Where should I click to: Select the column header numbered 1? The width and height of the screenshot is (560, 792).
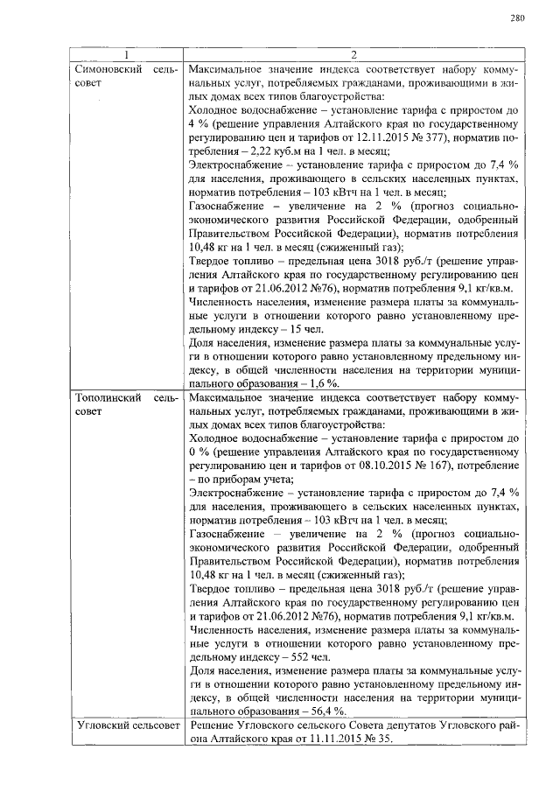pyautogui.click(x=124, y=55)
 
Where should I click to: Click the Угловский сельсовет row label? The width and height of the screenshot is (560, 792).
pyautogui.click(x=125, y=725)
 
